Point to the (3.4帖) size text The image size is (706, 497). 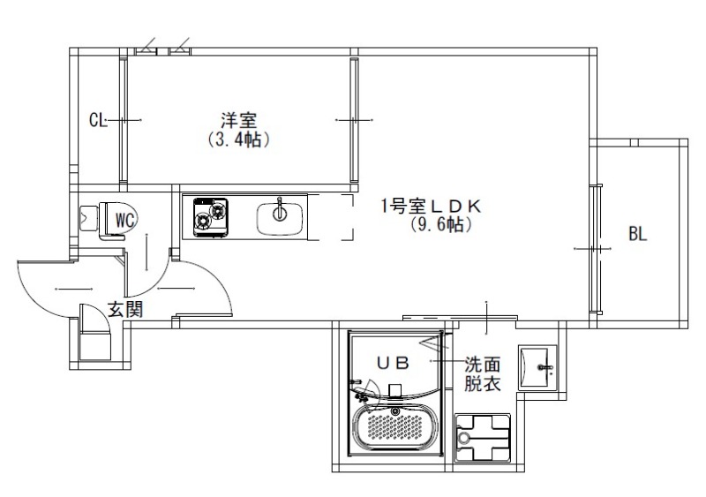(237, 139)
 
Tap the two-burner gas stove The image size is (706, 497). (210, 216)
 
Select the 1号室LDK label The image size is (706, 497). (430, 206)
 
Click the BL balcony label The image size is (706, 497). (638, 234)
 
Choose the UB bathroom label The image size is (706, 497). (394, 361)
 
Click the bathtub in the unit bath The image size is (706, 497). (395, 428)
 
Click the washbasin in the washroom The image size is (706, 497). (537, 365)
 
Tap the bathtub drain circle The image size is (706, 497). (395, 411)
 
